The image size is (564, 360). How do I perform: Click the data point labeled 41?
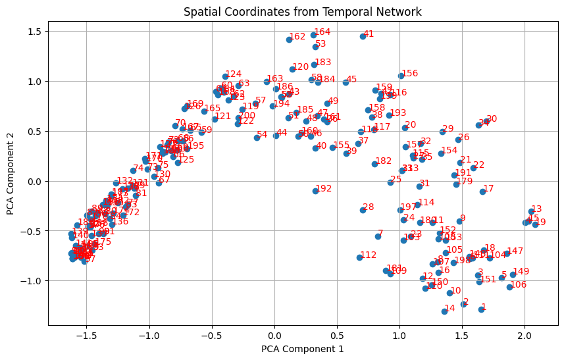coord(363,36)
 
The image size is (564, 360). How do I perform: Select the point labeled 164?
coord(313,35)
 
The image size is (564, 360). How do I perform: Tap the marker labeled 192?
coord(315,191)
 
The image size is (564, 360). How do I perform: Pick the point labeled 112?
coord(359,257)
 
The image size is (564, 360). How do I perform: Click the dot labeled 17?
coord(482,192)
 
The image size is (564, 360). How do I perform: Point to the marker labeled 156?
coord(401,76)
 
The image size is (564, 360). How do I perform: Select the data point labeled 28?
coord(363,210)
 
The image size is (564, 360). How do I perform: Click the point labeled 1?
coord(481,309)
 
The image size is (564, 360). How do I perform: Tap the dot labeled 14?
coord(444,311)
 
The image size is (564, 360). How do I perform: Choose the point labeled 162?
coord(289,39)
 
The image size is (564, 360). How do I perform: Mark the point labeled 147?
coord(507,254)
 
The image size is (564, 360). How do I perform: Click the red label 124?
coord(234,74)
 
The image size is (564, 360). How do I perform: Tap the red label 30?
coord(492,119)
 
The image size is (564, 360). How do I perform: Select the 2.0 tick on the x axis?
coord(525,325)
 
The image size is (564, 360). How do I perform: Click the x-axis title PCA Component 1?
coord(302,349)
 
